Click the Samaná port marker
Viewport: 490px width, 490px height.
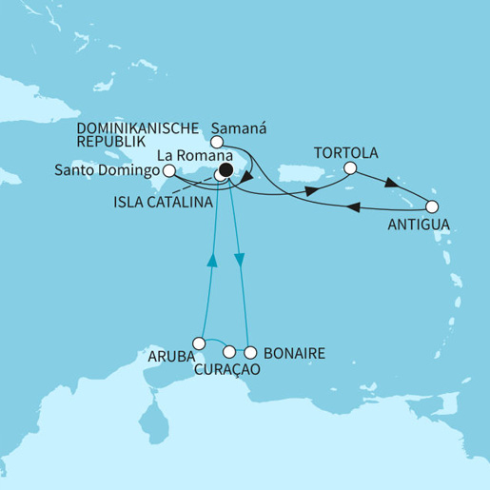pos(216,143)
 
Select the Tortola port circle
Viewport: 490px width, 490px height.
pos(349,169)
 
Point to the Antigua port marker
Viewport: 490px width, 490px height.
pos(432,206)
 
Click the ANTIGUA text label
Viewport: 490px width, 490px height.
pos(414,225)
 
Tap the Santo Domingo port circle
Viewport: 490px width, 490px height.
pos(168,170)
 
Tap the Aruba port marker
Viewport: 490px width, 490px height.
pos(199,343)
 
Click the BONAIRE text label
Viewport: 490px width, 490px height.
pos(296,354)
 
